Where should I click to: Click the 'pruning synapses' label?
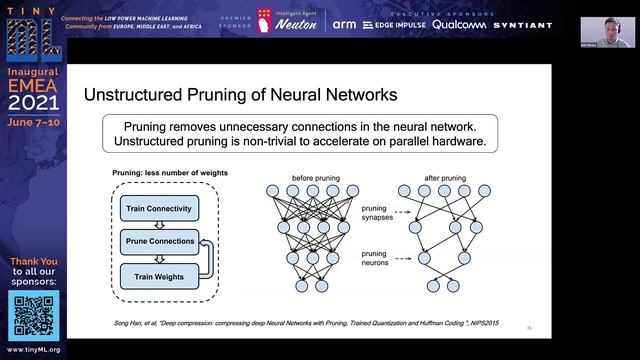point(376,213)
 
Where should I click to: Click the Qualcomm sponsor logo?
point(469,24)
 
